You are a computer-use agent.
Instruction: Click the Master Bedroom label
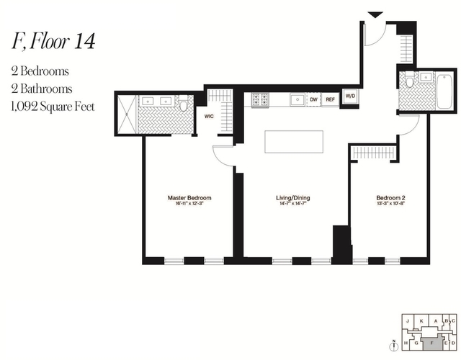[x=189, y=197]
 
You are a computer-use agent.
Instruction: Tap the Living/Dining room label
[x=287, y=197]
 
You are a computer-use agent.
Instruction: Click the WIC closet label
[x=210, y=114]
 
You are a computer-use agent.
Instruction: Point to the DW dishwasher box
[x=314, y=99]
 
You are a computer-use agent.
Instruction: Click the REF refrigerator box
[x=331, y=99]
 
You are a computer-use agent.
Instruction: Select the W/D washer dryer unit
[x=350, y=96]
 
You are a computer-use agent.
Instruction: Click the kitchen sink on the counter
[x=296, y=99]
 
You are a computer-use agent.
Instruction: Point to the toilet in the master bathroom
[x=184, y=106]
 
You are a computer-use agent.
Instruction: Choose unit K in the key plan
[x=420, y=320]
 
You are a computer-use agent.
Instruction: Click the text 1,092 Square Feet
[x=53, y=107]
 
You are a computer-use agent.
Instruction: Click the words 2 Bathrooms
[x=41, y=89]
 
